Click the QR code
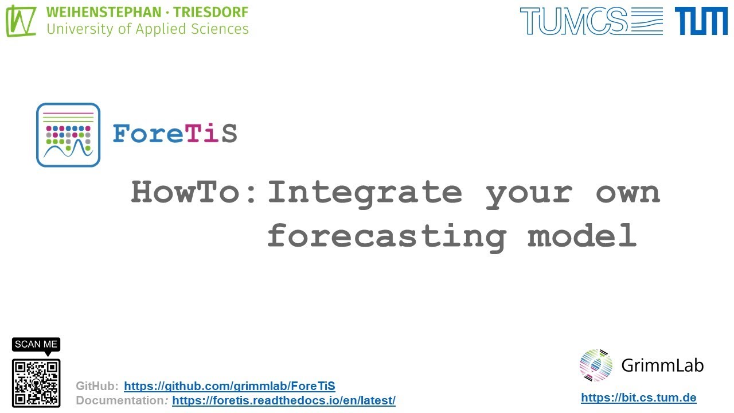tap(36, 383)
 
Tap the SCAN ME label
tap(36, 344)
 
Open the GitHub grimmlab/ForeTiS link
tap(229, 386)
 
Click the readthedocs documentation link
tap(283, 400)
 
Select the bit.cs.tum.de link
tap(638, 398)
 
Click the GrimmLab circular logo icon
tap(596, 365)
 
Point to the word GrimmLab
tap(662, 365)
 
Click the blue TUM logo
tap(701, 21)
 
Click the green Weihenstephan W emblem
tap(21, 21)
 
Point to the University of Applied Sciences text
tap(147, 29)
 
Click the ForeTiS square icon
tap(68, 135)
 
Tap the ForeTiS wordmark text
tap(174, 134)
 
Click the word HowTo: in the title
tap(194, 192)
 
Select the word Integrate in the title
tap(365, 192)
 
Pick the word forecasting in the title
tap(386, 236)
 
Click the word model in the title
tap(582, 236)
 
